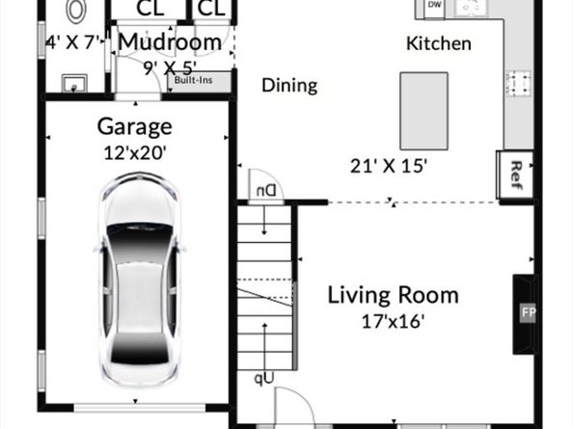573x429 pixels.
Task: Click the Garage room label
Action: point(135,126)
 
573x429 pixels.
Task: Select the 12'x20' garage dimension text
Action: point(135,151)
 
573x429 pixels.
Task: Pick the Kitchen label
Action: point(438,43)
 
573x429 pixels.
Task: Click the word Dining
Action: point(289,86)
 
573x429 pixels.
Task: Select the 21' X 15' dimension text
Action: point(389,165)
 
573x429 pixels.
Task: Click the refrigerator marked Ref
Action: point(515,175)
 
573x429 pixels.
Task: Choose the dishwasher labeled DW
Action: point(434,6)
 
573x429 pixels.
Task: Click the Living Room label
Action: point(393,295)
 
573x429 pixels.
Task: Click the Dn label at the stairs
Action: point(264,190)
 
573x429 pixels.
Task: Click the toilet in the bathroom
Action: point(76,11)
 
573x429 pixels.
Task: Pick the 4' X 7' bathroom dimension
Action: point(74,42)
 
